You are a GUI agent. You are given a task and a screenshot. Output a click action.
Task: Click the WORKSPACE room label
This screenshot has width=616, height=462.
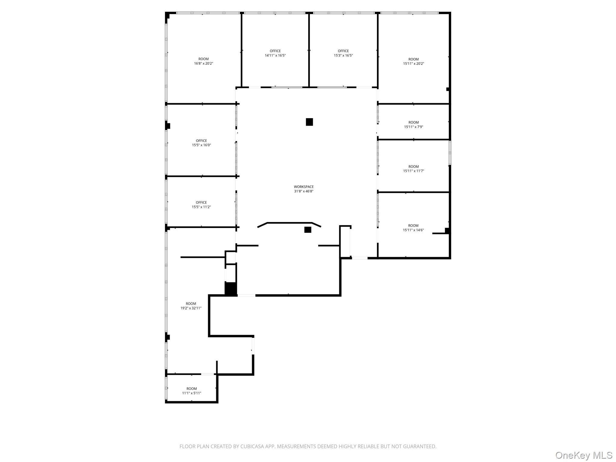[x=303, y=187]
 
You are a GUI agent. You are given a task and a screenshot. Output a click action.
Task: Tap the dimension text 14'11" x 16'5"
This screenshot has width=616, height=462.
[x=275, y=56]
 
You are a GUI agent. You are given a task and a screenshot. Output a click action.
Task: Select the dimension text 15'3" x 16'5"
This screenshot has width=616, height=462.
[x=343, y=56]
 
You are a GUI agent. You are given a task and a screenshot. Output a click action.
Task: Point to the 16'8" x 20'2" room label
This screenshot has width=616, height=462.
[x=204, y=61]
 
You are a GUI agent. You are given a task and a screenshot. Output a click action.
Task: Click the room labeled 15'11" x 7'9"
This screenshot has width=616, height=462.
[x=413, y=125]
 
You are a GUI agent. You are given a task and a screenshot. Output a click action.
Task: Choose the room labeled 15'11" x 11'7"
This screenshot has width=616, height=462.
[x=413, y=169]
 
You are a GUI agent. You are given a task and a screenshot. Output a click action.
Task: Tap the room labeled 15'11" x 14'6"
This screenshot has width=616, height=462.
[x=413, y=228]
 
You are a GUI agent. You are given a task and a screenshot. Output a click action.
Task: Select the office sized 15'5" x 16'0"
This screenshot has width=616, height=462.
[x=201, y=143]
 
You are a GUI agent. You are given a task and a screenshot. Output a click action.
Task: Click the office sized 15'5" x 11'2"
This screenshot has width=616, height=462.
[x=201, y=205]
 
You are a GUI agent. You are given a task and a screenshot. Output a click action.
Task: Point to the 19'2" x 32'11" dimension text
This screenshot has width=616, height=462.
[x=191, y=308]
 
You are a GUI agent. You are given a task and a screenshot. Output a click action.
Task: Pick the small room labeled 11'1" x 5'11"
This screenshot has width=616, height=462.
[x=192, y=391]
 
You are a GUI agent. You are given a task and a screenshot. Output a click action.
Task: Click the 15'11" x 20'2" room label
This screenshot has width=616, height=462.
[x=413, y=61]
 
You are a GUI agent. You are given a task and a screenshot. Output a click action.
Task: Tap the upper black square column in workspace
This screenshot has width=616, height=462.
[x=309, y=122]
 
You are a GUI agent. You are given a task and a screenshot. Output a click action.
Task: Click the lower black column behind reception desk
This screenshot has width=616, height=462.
[x=307, y=230]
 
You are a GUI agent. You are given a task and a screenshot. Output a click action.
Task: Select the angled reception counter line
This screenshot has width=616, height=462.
[x=289, y=223]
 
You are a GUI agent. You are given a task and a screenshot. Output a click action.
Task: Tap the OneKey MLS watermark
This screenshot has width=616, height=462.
[x=584, y=455]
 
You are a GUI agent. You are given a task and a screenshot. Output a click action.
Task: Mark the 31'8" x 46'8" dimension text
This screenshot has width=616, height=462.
[x=303, y=191]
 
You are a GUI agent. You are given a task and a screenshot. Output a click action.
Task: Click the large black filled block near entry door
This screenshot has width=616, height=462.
[x=231, y=289]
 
